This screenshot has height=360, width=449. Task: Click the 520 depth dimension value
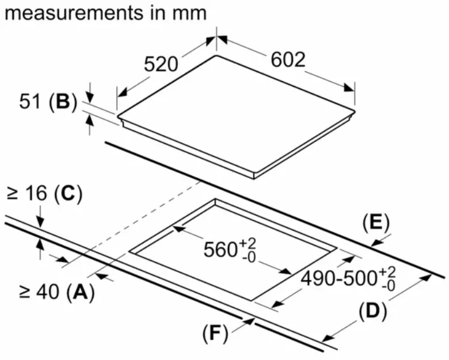click(x=161, y=64)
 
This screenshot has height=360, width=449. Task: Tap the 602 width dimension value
click(x=288, y=60)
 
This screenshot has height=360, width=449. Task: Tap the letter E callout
click(x=376, y=223)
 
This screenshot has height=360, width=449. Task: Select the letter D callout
click(x=372, y=311)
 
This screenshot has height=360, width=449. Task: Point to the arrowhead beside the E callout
click(x=376, y=243)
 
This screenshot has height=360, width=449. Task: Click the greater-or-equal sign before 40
click(x=26, y=292)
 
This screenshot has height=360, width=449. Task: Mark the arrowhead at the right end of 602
click(x=349, y=87)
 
